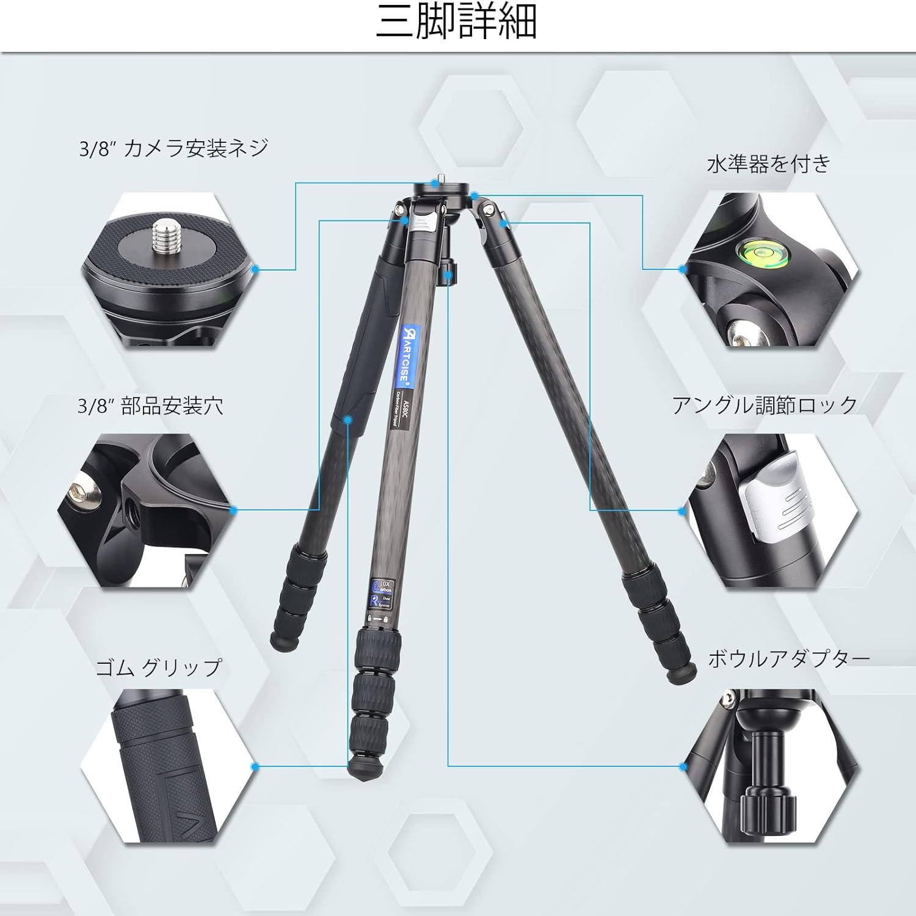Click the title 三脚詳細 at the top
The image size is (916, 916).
tap(457, 23)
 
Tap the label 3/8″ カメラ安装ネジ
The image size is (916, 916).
tap(173, 148)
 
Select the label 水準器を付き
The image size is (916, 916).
tap(769, 164)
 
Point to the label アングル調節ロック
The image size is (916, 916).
tap(765, 405)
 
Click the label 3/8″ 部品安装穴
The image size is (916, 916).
tap(150, 405)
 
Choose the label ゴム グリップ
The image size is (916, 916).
tap(159, 667)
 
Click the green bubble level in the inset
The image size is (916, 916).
tap(763, 252)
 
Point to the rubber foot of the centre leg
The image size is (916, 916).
tap(365, 769)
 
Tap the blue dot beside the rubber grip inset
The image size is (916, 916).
tap(255, 767)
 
